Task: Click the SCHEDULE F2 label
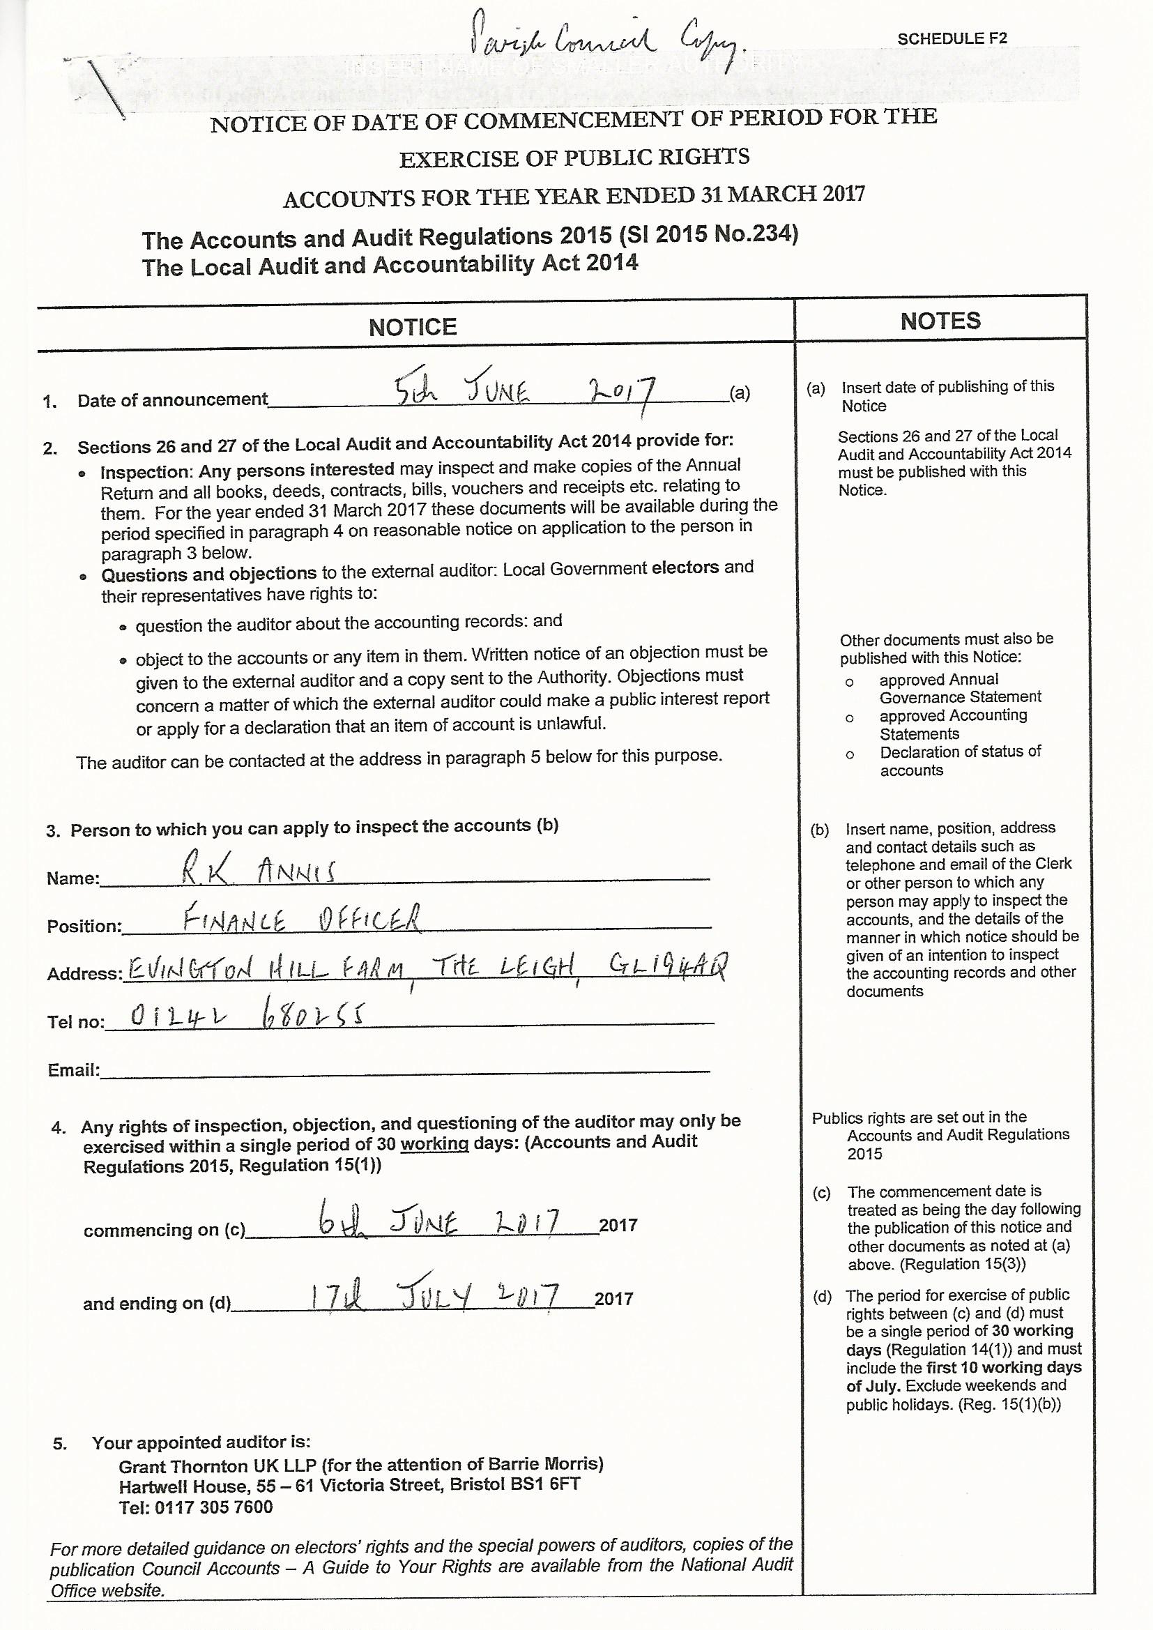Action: click(x=952, y=38)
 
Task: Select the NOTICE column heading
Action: click(x=413, y=326)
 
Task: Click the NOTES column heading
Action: click(x=940, y=321)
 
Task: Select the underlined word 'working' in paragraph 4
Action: click(x=434, y=1143)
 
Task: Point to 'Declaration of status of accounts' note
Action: click(x=960, y=761)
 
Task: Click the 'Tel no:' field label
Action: click(x=75, y=1022)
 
